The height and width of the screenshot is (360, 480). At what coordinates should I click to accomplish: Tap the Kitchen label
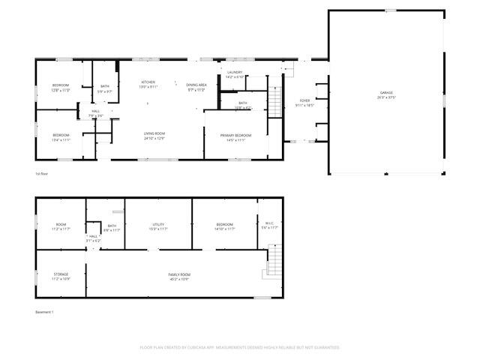point(148,85)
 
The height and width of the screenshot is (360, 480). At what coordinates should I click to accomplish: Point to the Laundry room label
point(235,74)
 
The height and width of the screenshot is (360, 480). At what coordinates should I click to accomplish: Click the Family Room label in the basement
point(178,276)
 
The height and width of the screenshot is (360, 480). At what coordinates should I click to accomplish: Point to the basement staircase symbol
point(275,262)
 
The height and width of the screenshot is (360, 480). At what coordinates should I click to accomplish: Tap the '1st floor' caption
point(42,174)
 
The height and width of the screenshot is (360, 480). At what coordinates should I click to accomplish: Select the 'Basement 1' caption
point(45,311)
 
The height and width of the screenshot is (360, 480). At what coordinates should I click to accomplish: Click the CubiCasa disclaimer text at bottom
point(240,347)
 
